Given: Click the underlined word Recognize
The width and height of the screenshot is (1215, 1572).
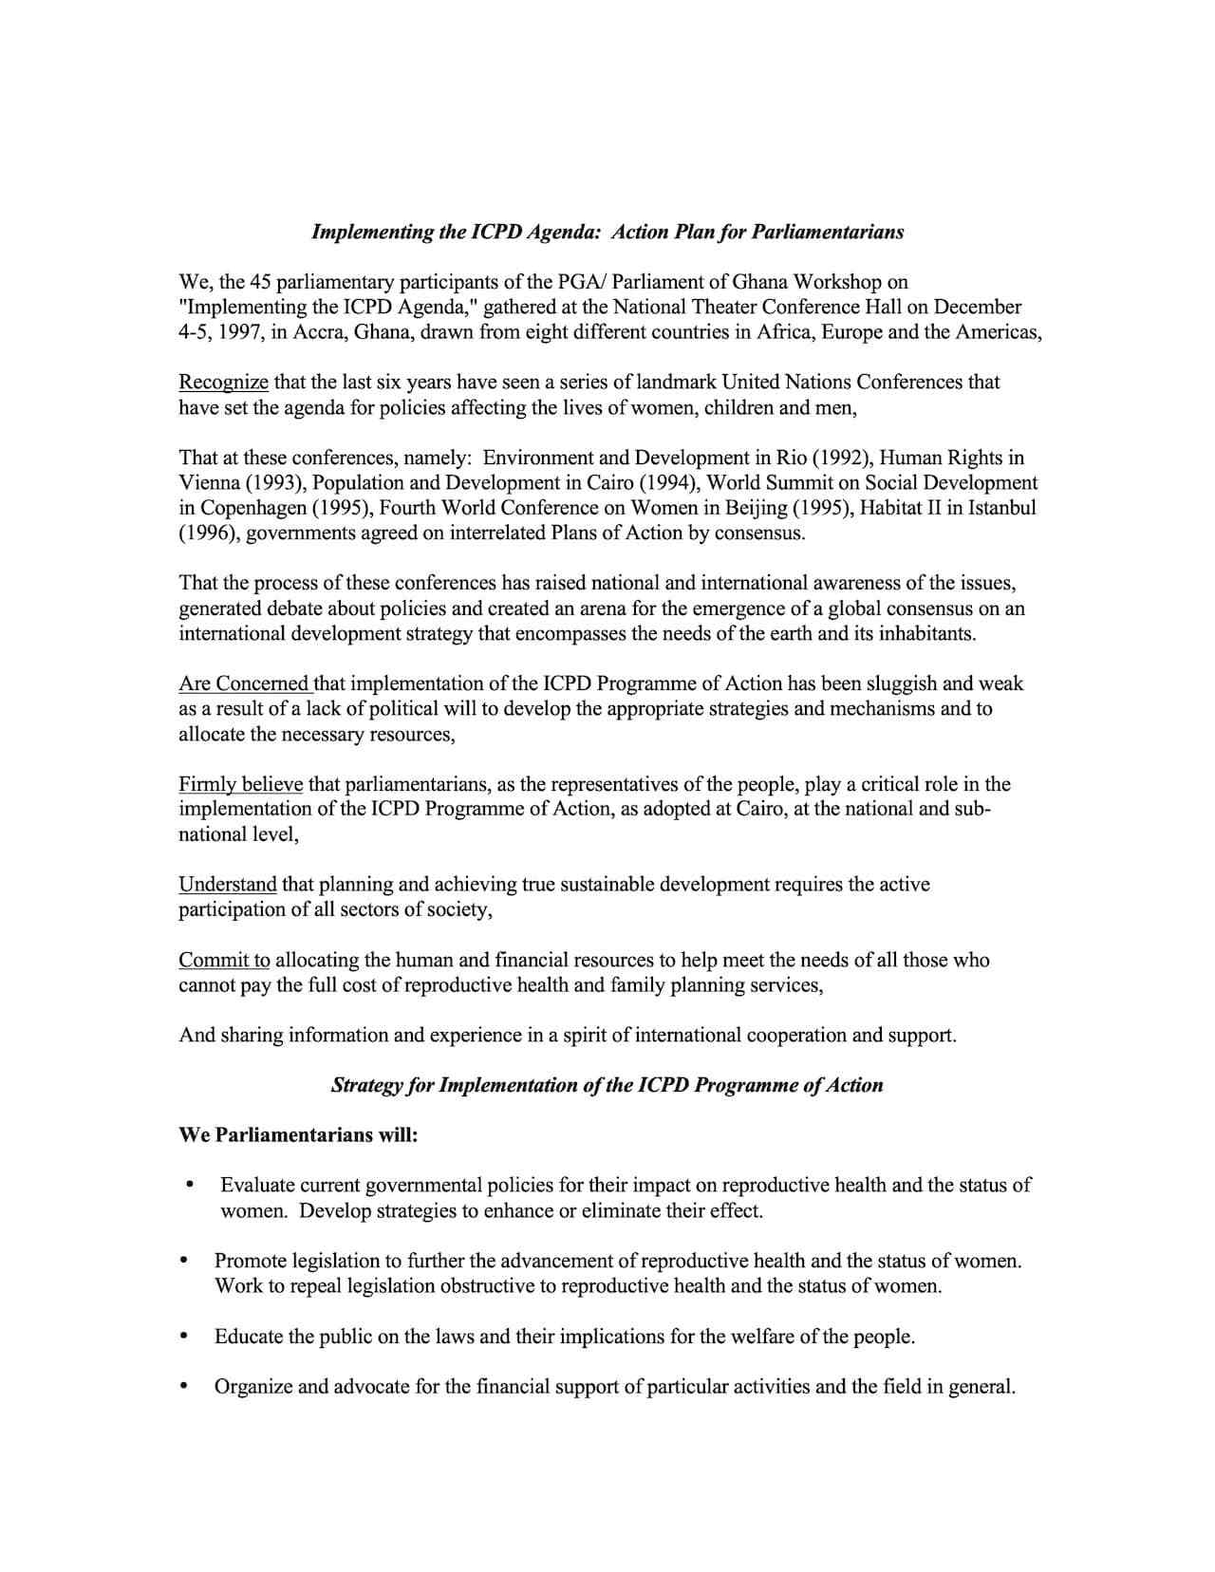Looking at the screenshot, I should point(223,383).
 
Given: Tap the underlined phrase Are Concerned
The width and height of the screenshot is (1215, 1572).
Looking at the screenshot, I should point(244,683).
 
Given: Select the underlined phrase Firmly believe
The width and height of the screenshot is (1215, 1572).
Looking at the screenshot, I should point(240,784).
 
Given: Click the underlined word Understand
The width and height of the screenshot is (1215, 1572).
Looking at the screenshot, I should point(228,885).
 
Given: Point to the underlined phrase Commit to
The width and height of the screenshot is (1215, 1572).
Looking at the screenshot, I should point(224,960).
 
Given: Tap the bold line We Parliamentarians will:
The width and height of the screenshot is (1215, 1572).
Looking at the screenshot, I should point(298,1135).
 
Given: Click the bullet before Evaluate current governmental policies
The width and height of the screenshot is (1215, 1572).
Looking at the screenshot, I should point(191,1185).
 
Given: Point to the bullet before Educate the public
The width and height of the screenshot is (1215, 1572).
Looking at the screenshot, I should point(184,1337).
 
